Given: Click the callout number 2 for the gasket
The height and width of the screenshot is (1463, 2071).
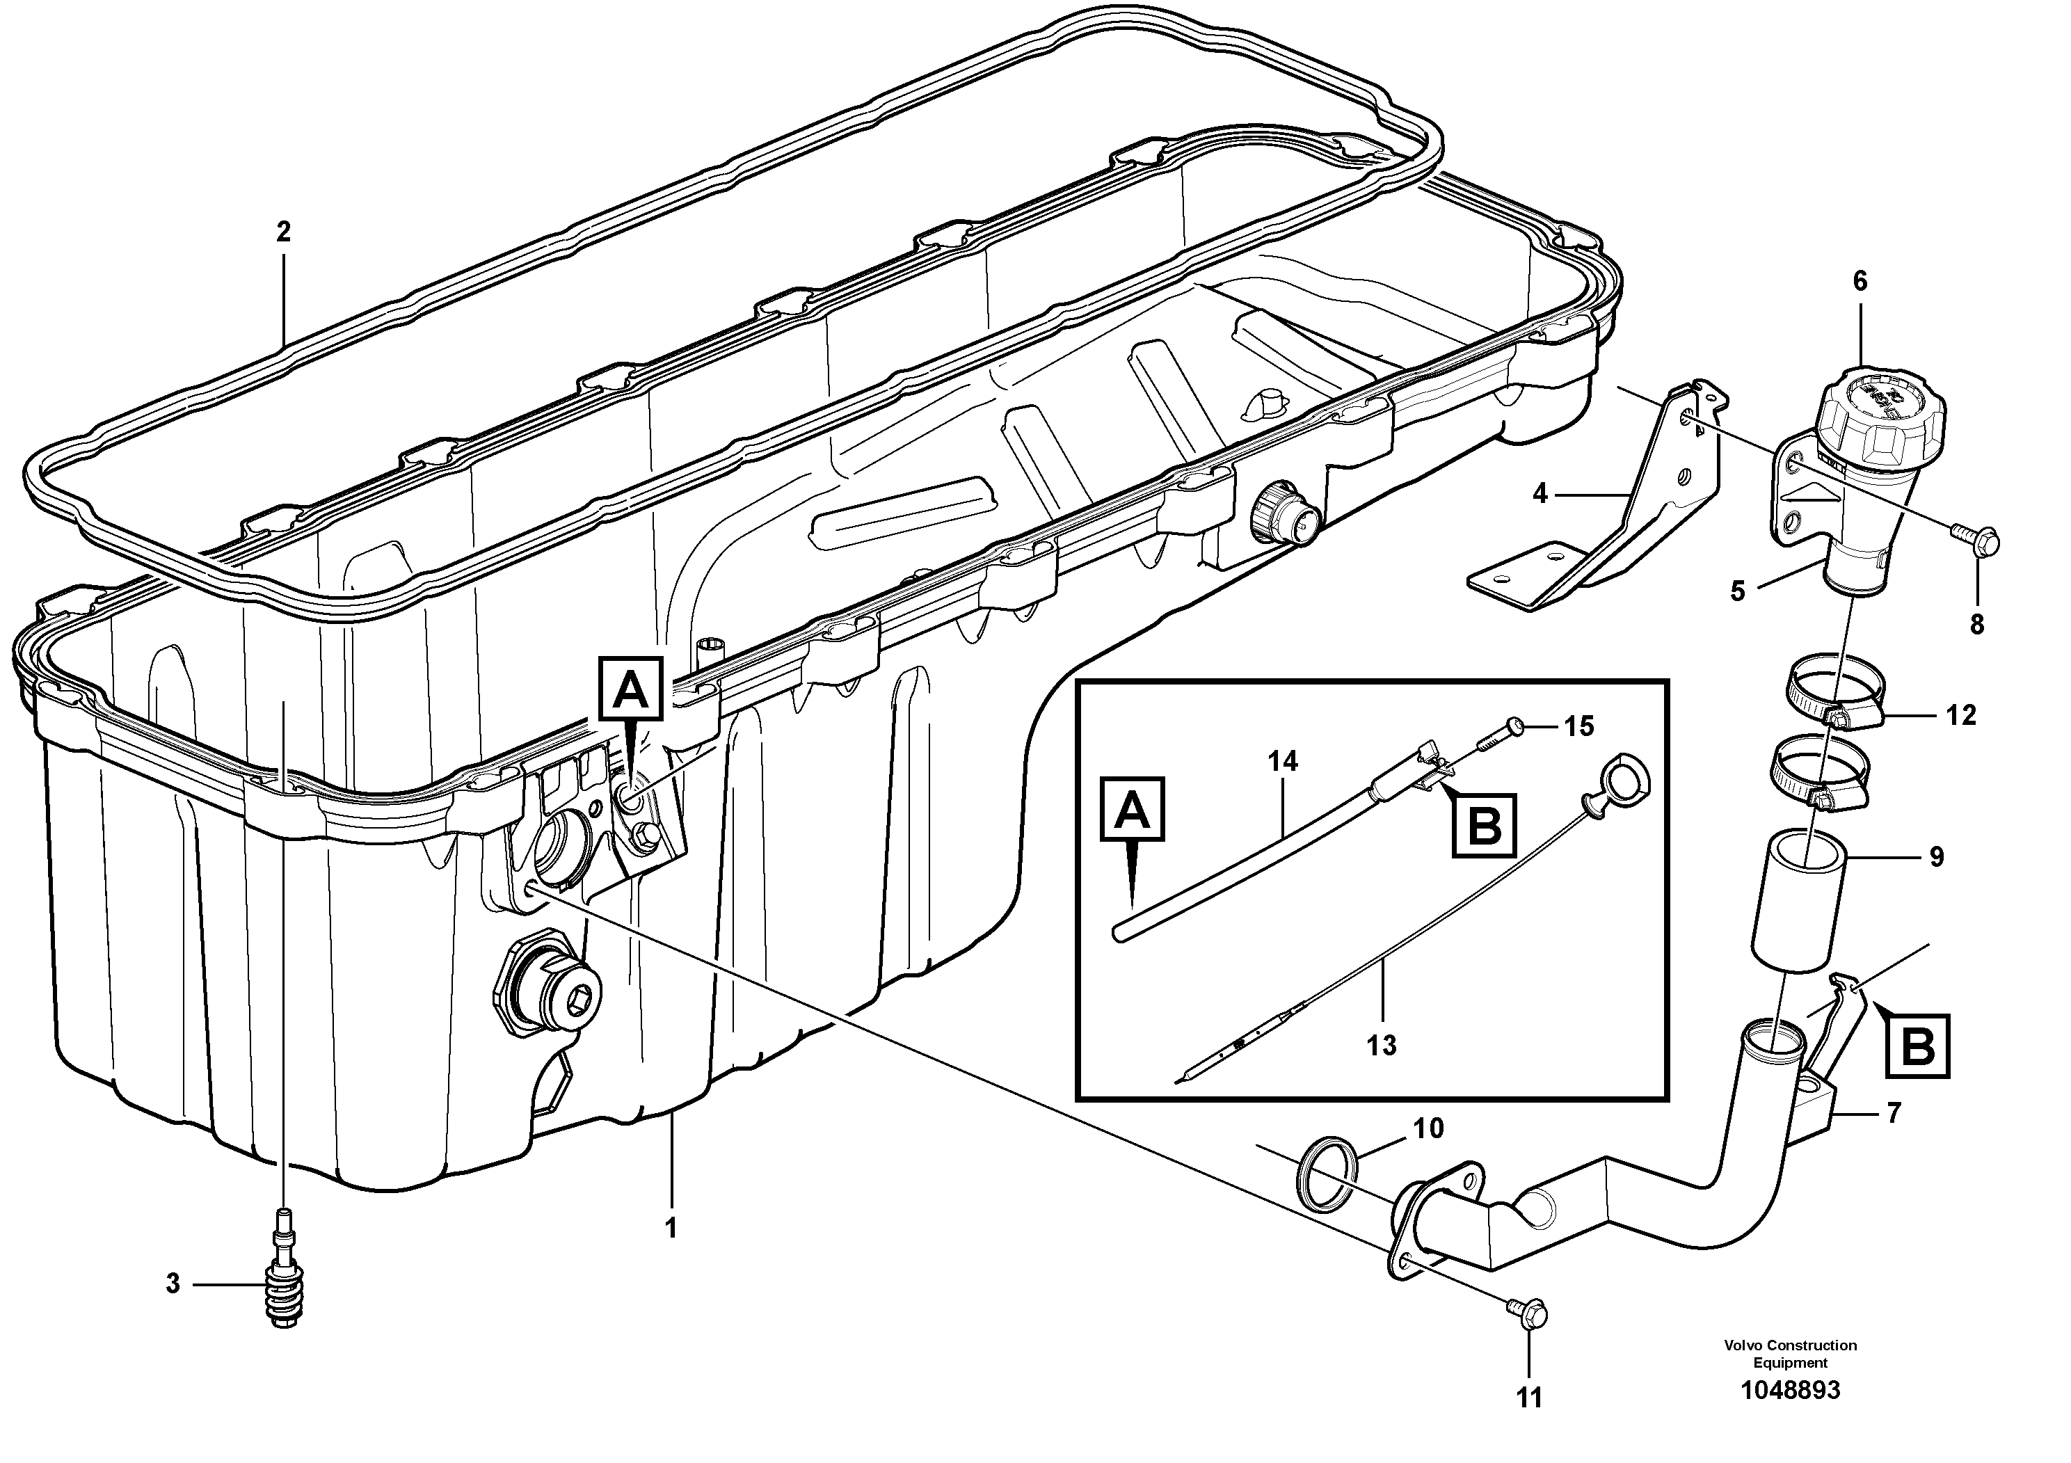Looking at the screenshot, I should [x=283, y=233].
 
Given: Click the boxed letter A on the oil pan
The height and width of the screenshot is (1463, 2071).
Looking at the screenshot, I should [x=630, y=690].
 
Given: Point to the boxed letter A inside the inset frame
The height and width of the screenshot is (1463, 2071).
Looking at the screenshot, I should [x=1133, y=810].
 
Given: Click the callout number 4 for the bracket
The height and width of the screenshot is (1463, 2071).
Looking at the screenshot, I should [x=1540, y=493].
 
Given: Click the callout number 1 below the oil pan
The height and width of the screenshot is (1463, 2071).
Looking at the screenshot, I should [x=670, y=1228].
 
